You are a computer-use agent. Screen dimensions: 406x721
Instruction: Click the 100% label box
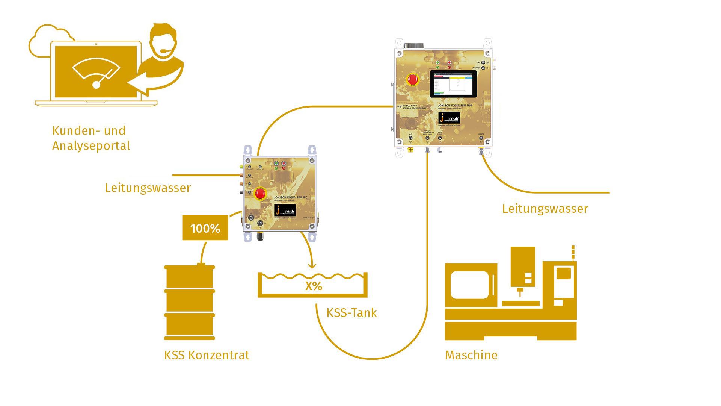(205, 228)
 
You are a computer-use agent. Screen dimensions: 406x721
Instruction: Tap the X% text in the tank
(314, 286)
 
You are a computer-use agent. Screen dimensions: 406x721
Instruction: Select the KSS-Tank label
(351, 313)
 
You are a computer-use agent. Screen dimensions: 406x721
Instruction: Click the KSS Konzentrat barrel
(190, 303)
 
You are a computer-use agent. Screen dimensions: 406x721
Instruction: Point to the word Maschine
(471, 355)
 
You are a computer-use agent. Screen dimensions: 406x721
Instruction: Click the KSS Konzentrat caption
(207, 355)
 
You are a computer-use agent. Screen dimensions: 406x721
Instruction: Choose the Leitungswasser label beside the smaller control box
(148, 188)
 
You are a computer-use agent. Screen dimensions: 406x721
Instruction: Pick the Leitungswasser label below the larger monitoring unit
(545, 209)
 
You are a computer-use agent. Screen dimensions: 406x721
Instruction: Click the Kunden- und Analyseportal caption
(91, 138)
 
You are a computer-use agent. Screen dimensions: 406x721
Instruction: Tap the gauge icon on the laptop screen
(96, 73)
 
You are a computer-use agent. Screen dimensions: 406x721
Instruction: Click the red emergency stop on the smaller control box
(260, 194)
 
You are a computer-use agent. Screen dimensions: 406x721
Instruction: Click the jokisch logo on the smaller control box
(285, 211)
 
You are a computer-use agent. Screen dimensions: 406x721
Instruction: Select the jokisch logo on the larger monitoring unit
(449, 118)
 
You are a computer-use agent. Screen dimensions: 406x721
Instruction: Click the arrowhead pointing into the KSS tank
(312, 265)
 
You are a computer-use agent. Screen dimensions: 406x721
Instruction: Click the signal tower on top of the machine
(573, 253)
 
